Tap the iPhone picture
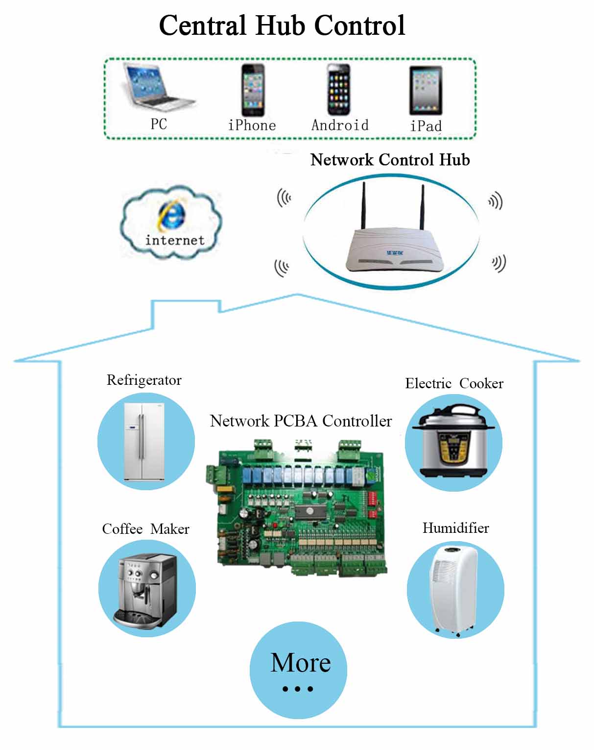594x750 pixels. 253,90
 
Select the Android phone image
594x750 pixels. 339,90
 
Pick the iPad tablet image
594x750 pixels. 426,91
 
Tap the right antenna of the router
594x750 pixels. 423,207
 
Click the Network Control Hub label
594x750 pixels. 390,160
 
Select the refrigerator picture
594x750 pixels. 144,442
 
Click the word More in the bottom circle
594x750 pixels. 301,663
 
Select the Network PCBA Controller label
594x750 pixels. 301,421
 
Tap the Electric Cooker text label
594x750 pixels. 454,383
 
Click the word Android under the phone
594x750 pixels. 340,125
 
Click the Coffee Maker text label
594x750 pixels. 145,529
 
